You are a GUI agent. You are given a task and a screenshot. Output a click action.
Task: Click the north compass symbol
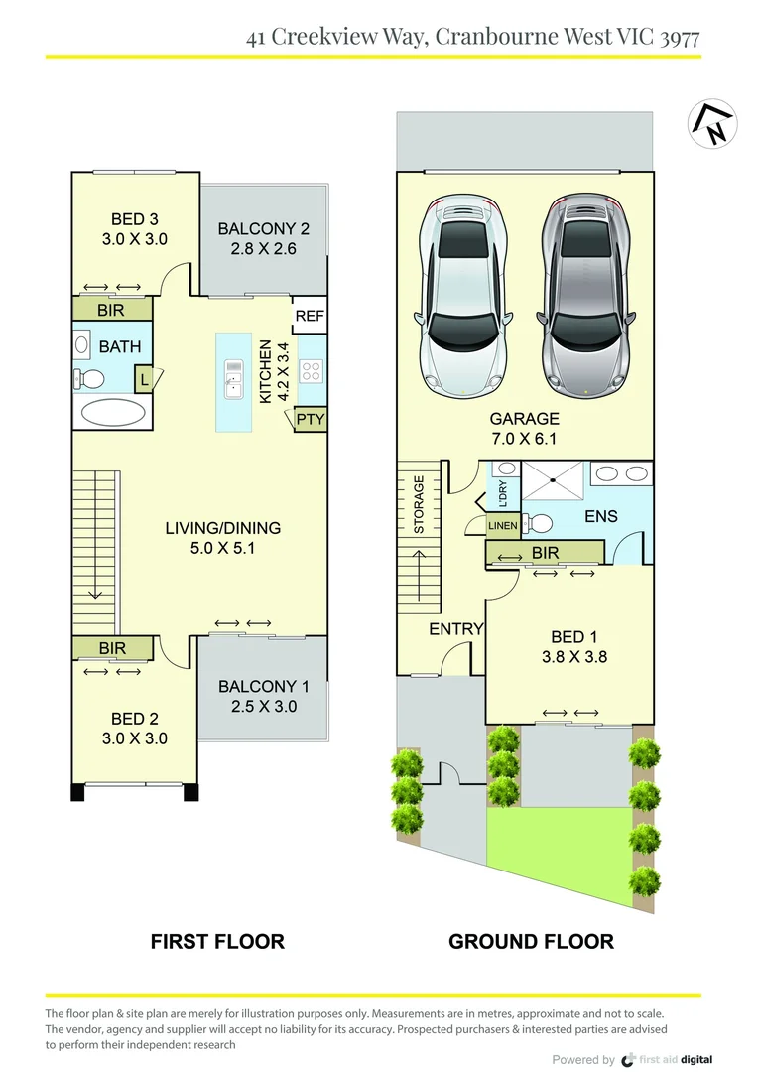pos(712,124)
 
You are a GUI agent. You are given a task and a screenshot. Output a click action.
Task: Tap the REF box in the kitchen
pos(310,317)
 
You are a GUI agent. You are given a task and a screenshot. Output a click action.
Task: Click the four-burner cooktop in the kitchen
pos(311,371)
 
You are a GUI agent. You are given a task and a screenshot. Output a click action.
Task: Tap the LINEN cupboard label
pos(503,525)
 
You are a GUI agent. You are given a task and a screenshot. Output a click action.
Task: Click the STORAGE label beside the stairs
pos(420,505)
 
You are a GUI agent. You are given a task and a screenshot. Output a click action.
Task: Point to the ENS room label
pos(601,516)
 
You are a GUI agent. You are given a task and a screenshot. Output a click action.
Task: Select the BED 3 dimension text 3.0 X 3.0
pos(135,239)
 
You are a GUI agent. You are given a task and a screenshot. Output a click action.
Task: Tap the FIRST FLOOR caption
pos(217,941)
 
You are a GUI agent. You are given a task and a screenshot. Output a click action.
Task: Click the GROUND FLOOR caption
pos(531,941)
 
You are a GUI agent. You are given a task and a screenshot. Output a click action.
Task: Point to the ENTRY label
pos(455,629)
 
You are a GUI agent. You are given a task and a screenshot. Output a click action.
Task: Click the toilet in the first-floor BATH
pos(89,378)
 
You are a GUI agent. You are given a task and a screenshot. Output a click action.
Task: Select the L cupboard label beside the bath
pos(144,378)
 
